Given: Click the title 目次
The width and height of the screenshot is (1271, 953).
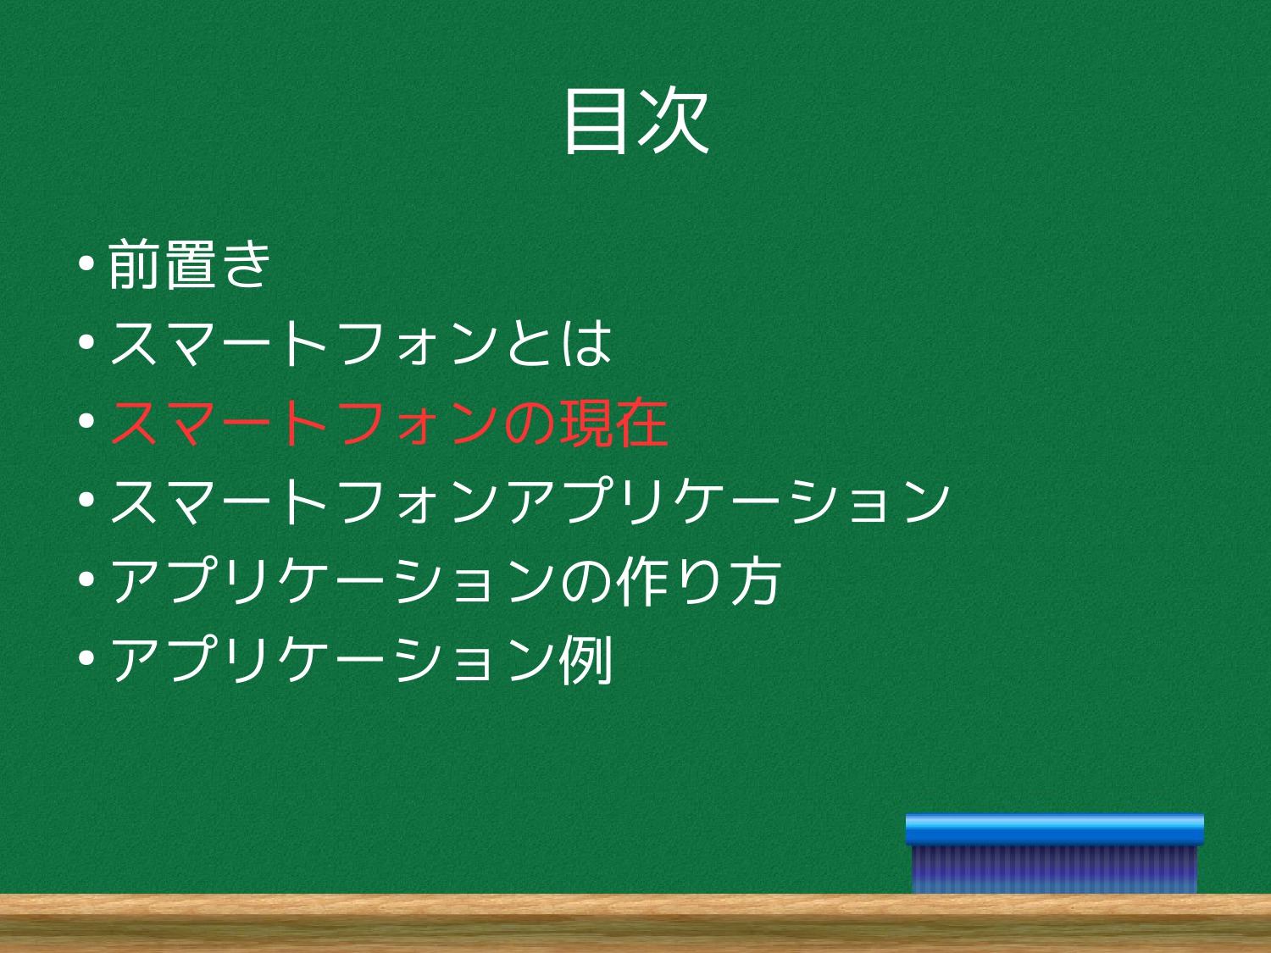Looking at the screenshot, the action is (636, 121).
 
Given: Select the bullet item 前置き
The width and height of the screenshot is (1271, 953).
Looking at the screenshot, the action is (190, 263).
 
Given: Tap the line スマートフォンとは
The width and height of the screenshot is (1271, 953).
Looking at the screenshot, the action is (360, 343).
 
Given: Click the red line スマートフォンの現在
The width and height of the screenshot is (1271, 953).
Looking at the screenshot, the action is (389, 423).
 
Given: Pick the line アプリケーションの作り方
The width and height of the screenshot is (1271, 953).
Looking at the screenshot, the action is (446, 580).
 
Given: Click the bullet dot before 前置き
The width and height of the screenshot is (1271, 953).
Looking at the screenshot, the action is (86, 263).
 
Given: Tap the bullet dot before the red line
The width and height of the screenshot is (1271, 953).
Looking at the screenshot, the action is (86, 421).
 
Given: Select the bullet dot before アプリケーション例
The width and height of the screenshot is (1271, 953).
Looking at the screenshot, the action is (86, 658).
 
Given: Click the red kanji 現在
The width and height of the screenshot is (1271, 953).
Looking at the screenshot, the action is (613, 423).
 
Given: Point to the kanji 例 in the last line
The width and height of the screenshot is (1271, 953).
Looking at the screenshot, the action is (586, 660).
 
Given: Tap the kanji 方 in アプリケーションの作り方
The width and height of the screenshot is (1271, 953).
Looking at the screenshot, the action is (756, 580).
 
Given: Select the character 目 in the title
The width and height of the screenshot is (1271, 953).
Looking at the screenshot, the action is (597, 122).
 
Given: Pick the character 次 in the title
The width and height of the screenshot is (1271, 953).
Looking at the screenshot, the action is (674, 121).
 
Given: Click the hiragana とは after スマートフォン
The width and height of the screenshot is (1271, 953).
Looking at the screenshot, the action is (559, 343).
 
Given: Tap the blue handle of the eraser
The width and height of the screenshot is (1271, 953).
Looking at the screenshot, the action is (1054, 829).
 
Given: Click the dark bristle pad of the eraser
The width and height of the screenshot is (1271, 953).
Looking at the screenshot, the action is (1054, 869).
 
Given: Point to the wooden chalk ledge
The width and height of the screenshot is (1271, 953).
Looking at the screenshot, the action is (635, 923).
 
